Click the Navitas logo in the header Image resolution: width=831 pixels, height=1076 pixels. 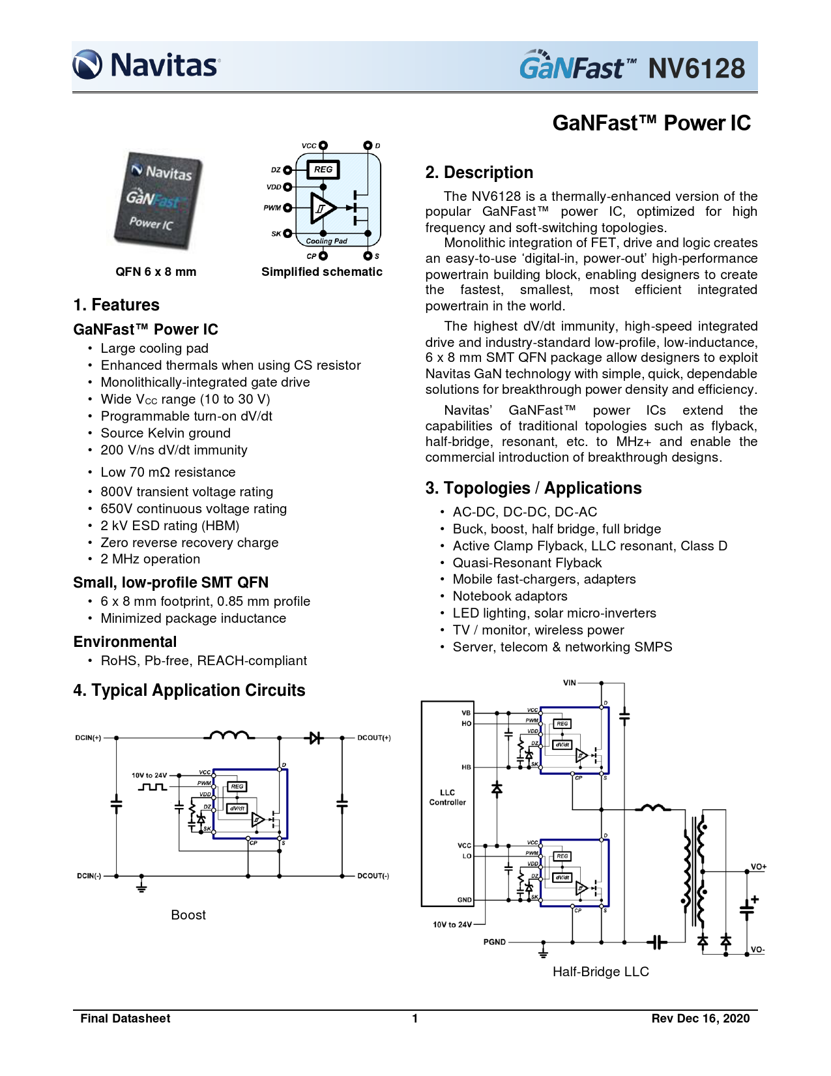[146, 65]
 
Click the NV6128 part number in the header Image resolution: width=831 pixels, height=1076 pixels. [696, 68]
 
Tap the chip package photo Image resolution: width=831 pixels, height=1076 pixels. [160, 200]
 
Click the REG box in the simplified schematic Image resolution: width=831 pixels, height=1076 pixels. [323, 170]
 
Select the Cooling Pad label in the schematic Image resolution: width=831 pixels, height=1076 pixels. [327, 241]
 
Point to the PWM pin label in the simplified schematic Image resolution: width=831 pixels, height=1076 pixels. [272, 208]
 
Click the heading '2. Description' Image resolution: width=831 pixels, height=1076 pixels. [479, 172]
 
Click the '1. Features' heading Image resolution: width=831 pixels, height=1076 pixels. [117, 305]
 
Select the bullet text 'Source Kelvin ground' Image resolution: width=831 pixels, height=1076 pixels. [166, 433]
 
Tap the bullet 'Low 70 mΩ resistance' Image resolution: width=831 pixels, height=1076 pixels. [168, 472]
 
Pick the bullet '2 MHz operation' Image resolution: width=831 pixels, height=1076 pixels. [150, 559]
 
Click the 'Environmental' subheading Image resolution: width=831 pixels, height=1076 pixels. [125, 642]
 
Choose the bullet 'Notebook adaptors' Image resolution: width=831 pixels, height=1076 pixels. [510, 596]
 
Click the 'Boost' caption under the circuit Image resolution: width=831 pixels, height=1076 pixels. [188, 915]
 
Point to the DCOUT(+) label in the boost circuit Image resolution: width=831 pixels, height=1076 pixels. [374, 738]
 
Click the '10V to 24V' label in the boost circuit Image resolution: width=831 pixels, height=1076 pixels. [149, 775]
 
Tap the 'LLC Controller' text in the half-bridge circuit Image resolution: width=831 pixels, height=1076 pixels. [447, 798]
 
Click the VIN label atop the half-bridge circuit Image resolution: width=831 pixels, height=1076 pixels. [570, 683]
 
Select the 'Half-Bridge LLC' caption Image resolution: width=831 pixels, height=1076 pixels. [600, 972]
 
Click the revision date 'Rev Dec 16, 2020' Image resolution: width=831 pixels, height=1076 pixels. [701, 1019]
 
